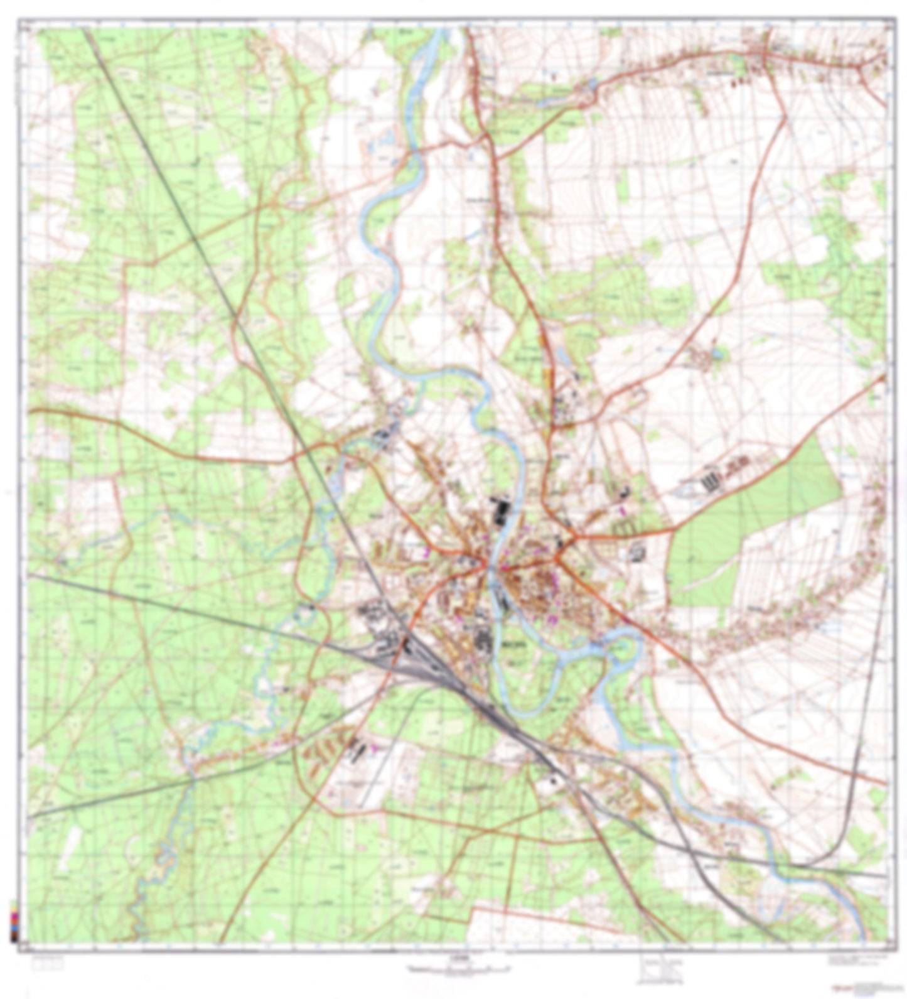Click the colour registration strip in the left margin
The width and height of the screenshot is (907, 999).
coord(13,920)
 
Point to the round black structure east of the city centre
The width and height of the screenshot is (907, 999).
coord(637,553)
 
